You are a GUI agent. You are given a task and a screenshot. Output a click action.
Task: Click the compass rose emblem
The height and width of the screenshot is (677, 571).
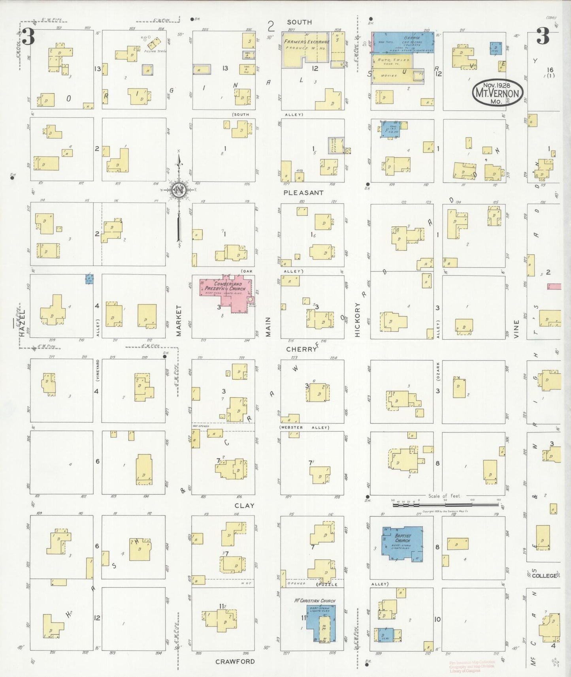click(x=179, y=190)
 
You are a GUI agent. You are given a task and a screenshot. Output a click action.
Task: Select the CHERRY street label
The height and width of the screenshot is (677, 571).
click(x=302, y=349)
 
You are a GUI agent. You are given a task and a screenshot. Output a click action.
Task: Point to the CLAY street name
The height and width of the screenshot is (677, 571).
click(x=244, y=506)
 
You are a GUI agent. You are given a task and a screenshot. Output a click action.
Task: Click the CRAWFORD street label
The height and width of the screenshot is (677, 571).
click(x=235, y=662)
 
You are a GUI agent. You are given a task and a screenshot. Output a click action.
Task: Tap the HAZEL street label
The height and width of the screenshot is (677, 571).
click(x=22, y=328)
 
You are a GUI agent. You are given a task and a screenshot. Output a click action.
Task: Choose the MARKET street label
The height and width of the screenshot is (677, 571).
click(x=179, y=320)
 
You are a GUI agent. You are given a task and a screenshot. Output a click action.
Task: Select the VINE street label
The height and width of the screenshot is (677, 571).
click(x=516, y=329)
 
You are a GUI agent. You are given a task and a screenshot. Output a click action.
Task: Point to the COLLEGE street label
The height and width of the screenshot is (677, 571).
click(x=544, y=576)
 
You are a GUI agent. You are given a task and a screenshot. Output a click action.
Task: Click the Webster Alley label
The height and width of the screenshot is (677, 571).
click(x=304, y=427)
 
